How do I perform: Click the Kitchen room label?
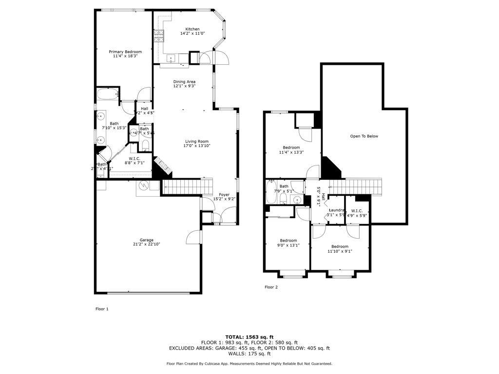[x=190, y=29]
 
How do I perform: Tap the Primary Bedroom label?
[x=125, y=52]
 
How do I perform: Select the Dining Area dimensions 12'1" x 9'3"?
[x=184, y=86]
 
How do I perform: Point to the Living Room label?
[x=196, y=141]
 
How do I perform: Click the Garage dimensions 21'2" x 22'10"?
[x=147, y=244]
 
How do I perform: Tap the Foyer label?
[x=224, y=195]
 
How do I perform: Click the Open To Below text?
[x=364, y=136]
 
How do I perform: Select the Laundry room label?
[x=336, y=210]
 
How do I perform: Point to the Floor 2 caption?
[x=271, y=287]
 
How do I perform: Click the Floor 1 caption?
[x=101, y=309]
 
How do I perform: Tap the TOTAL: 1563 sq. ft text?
[x=249, y=337]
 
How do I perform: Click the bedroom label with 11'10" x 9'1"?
[x=340, y=246]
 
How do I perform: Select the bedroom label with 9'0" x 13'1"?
[x=288, y=240]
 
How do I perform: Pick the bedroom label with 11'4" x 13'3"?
[x=291, y=148]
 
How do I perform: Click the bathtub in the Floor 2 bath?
[x=271, y=192]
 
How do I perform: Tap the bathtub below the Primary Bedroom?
[x=107, y=95]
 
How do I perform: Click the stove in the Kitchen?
[x=159, y=36]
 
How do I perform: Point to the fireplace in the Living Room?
[x=163, y=166]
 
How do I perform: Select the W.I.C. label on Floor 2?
[x=357, y=211]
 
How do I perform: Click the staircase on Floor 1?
[x=188, y=186]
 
